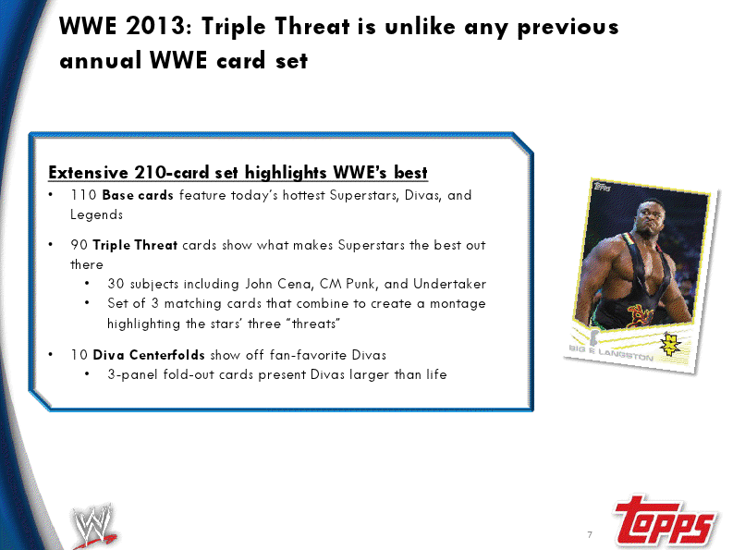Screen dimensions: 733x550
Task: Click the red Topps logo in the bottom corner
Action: [665, 520]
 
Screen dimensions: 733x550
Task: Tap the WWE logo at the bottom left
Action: [94, 526]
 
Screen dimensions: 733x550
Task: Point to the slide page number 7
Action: [590, 534]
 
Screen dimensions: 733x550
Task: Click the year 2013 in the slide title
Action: [155, 26]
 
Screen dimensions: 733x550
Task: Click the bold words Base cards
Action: [138, 194]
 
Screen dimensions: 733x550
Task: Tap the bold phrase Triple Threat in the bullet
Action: [135, 245]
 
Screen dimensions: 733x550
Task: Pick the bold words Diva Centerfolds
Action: [149, 355]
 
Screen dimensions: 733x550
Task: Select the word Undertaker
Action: [450, 284]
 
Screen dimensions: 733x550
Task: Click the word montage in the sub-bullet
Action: [458, 304]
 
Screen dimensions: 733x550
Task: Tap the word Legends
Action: [96, 215]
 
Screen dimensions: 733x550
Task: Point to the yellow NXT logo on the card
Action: [670, 344]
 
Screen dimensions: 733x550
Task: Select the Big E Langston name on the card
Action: [611, 352]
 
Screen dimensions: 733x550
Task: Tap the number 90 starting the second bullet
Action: [79, 245]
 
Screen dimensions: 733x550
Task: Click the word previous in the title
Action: [568, 27]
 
